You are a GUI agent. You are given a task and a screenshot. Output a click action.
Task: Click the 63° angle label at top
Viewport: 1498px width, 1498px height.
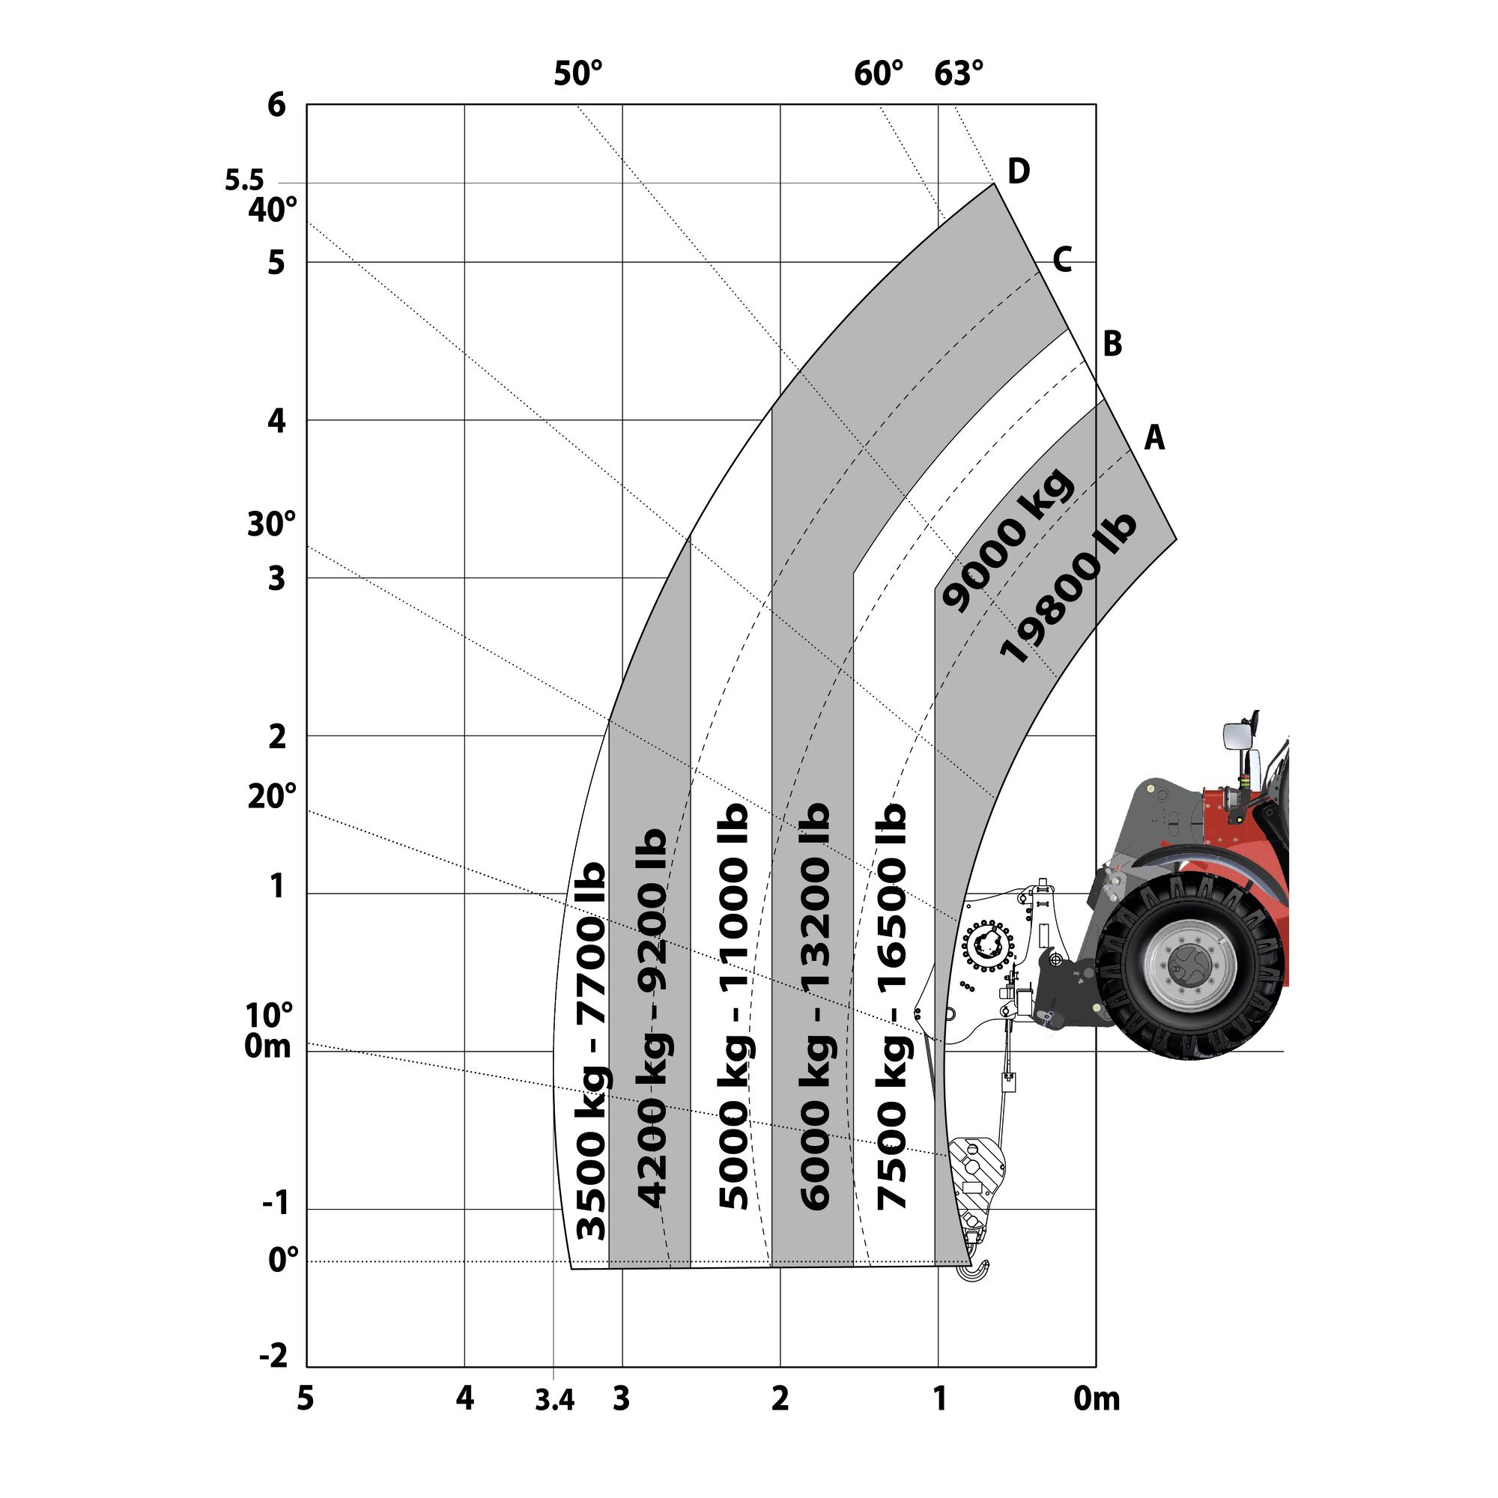959,73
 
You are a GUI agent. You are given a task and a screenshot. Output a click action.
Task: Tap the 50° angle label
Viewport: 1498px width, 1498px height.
577,73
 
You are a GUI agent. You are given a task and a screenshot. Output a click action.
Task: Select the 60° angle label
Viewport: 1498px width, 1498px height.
879,73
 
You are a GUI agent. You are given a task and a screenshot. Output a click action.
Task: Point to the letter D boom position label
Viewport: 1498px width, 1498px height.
1019,171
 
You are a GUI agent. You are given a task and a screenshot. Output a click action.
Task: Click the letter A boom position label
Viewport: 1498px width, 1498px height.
1154,438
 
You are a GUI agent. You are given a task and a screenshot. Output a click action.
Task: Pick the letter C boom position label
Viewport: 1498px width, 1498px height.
1062,259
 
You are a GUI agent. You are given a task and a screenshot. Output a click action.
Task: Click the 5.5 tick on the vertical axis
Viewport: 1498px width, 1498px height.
244,180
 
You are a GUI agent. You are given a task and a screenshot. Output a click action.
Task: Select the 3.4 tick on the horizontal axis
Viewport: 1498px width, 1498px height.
554,1401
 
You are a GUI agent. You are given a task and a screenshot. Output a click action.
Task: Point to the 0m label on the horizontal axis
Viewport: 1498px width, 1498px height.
1097,1398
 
